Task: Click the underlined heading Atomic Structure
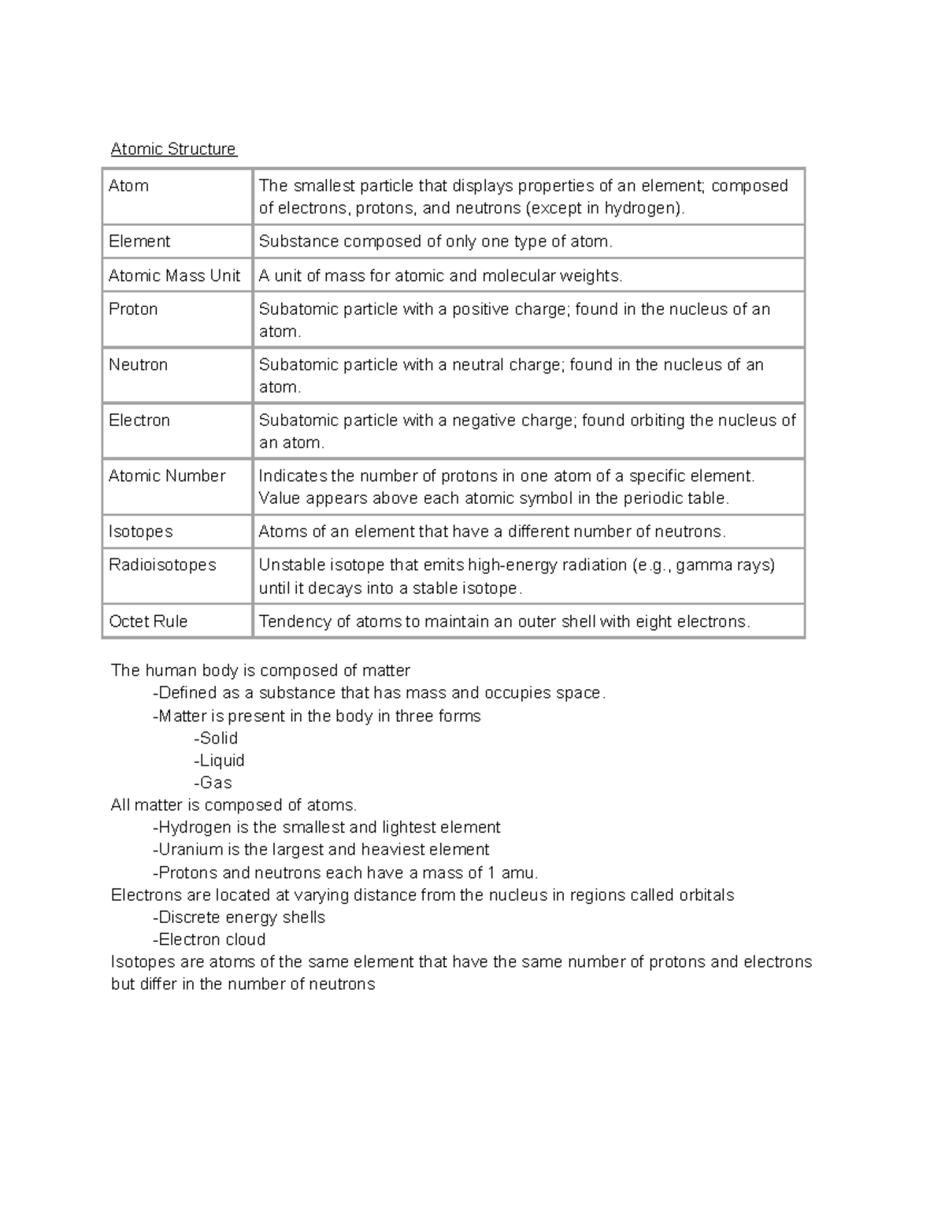[x=173, y=149]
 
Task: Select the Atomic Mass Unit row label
[x=174, y=276]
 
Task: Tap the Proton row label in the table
[x=133, y=309]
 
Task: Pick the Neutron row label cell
[x=138, y=365]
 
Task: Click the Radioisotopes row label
[x=162, y=565]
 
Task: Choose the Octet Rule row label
[x=148, y=621]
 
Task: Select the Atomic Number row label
[x=167, y=476]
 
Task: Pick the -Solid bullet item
[x=216, y=738]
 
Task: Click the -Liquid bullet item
[x=219, y=760]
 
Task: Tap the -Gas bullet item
[x=213, y=782]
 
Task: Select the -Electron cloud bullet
[x=209, y=939]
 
